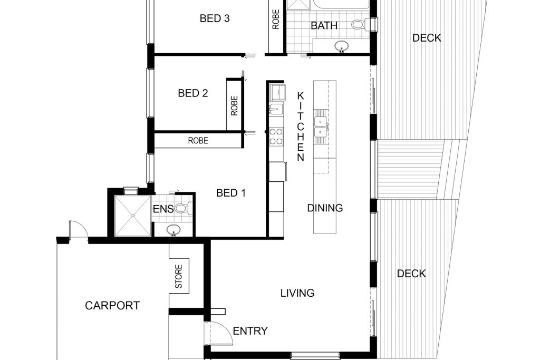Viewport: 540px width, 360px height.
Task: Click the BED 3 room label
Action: click(x=215, y=18)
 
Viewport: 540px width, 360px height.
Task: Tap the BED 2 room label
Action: click(x=193, y=93)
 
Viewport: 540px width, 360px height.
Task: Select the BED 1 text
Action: click(x=231, y=193)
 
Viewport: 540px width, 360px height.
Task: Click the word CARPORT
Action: click(x=112, y=305)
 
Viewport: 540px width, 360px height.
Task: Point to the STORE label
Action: click(x=178, y=276)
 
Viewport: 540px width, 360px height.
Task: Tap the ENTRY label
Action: click(x=250, y=330)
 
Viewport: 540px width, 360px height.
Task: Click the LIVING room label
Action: click(x=297, y=293)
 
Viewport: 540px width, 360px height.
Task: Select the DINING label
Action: click(x=325, y=208)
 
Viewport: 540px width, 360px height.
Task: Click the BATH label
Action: click(x=324, y=25)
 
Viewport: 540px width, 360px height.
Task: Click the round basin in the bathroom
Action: click(x=342, y=46)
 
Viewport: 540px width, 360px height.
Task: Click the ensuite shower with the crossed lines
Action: click(x=133, y=216)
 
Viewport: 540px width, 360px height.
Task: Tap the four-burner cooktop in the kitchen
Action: click(x=276, y=136)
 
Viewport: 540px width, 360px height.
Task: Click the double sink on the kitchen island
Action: click(x=320, y=127)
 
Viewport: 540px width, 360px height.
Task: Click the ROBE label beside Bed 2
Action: click(x=234, y=105)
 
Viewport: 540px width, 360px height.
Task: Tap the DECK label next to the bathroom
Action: click(x=427, y=38)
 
